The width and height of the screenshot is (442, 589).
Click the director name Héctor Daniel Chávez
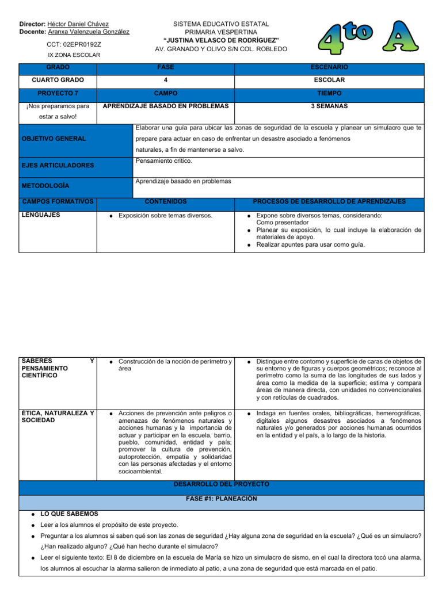79,24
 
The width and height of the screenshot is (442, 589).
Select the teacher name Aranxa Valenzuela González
89,32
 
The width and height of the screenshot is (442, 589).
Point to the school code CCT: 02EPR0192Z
74,44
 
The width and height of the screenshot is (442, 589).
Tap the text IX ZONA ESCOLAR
74,55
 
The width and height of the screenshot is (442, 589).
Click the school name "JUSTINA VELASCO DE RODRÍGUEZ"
221,40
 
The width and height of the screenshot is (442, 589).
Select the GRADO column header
58,68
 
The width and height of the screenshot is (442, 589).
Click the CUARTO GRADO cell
58,80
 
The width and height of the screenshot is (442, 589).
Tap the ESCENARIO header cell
329,68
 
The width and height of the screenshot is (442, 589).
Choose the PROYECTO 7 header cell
58,93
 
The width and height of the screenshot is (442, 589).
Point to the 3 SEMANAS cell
329,106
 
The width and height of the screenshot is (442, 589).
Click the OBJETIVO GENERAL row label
54,139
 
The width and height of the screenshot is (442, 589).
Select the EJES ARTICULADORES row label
57,166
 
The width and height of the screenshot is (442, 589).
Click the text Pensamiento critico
163,161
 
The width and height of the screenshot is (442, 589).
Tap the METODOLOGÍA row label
45,186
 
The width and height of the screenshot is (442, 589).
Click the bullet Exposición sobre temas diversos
165,216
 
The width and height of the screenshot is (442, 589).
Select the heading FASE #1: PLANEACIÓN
221,499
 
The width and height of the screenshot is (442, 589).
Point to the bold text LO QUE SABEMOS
69,514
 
